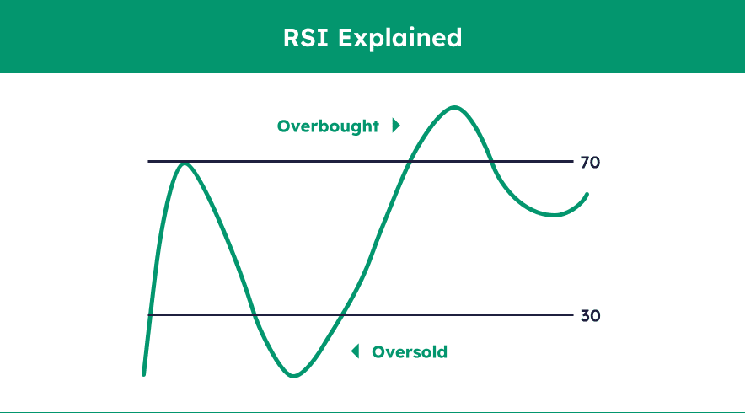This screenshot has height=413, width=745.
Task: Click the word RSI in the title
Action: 306,38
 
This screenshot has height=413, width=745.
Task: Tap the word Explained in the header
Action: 399,38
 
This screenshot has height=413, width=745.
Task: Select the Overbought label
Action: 328,126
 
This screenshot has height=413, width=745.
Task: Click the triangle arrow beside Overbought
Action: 396,126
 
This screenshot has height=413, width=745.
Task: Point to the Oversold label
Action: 410,352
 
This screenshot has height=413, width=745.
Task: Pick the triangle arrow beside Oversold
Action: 355,351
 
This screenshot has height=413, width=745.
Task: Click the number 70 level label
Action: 590,163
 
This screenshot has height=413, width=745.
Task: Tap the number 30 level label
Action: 590,315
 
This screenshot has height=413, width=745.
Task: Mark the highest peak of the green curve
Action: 455,108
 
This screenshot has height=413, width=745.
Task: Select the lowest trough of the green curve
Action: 293,375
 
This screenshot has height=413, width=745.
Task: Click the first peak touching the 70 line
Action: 185,164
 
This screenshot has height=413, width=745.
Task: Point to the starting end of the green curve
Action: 144,374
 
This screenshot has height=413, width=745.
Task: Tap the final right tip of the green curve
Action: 587,195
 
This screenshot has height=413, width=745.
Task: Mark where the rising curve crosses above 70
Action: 410,162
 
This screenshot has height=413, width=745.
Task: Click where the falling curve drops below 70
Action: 492,162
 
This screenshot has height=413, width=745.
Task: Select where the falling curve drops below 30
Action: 255,314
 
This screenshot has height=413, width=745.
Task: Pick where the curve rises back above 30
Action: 342,314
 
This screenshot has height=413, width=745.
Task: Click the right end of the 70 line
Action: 573,162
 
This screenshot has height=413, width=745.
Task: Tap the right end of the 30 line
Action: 573,314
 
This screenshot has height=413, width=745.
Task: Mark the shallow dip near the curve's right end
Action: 554,215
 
